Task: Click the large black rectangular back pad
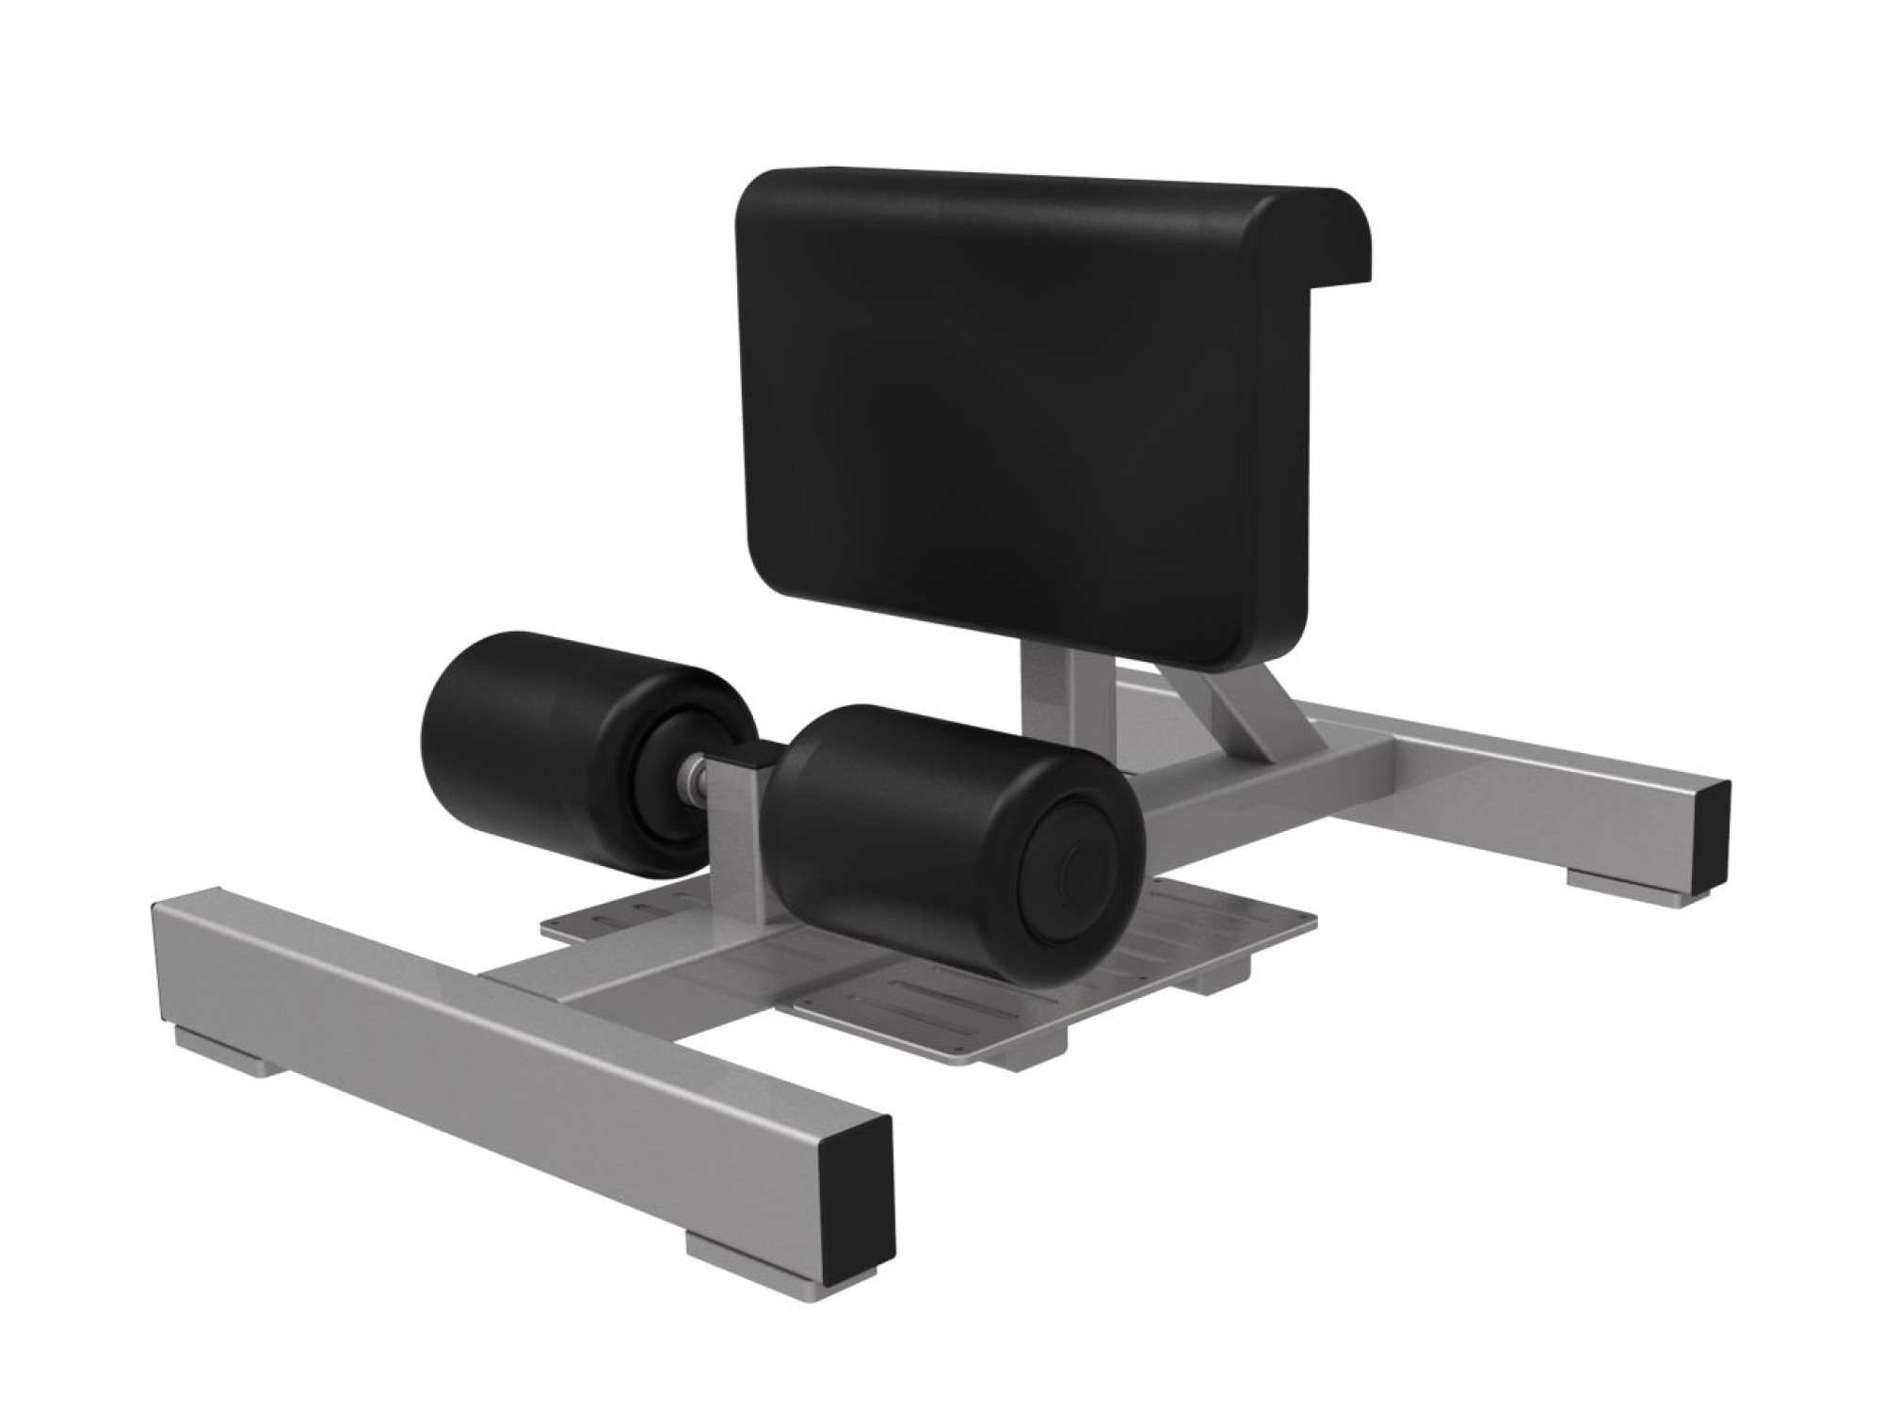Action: click(x=1017, y=414)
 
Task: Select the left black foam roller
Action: click(x=546, y=744)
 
